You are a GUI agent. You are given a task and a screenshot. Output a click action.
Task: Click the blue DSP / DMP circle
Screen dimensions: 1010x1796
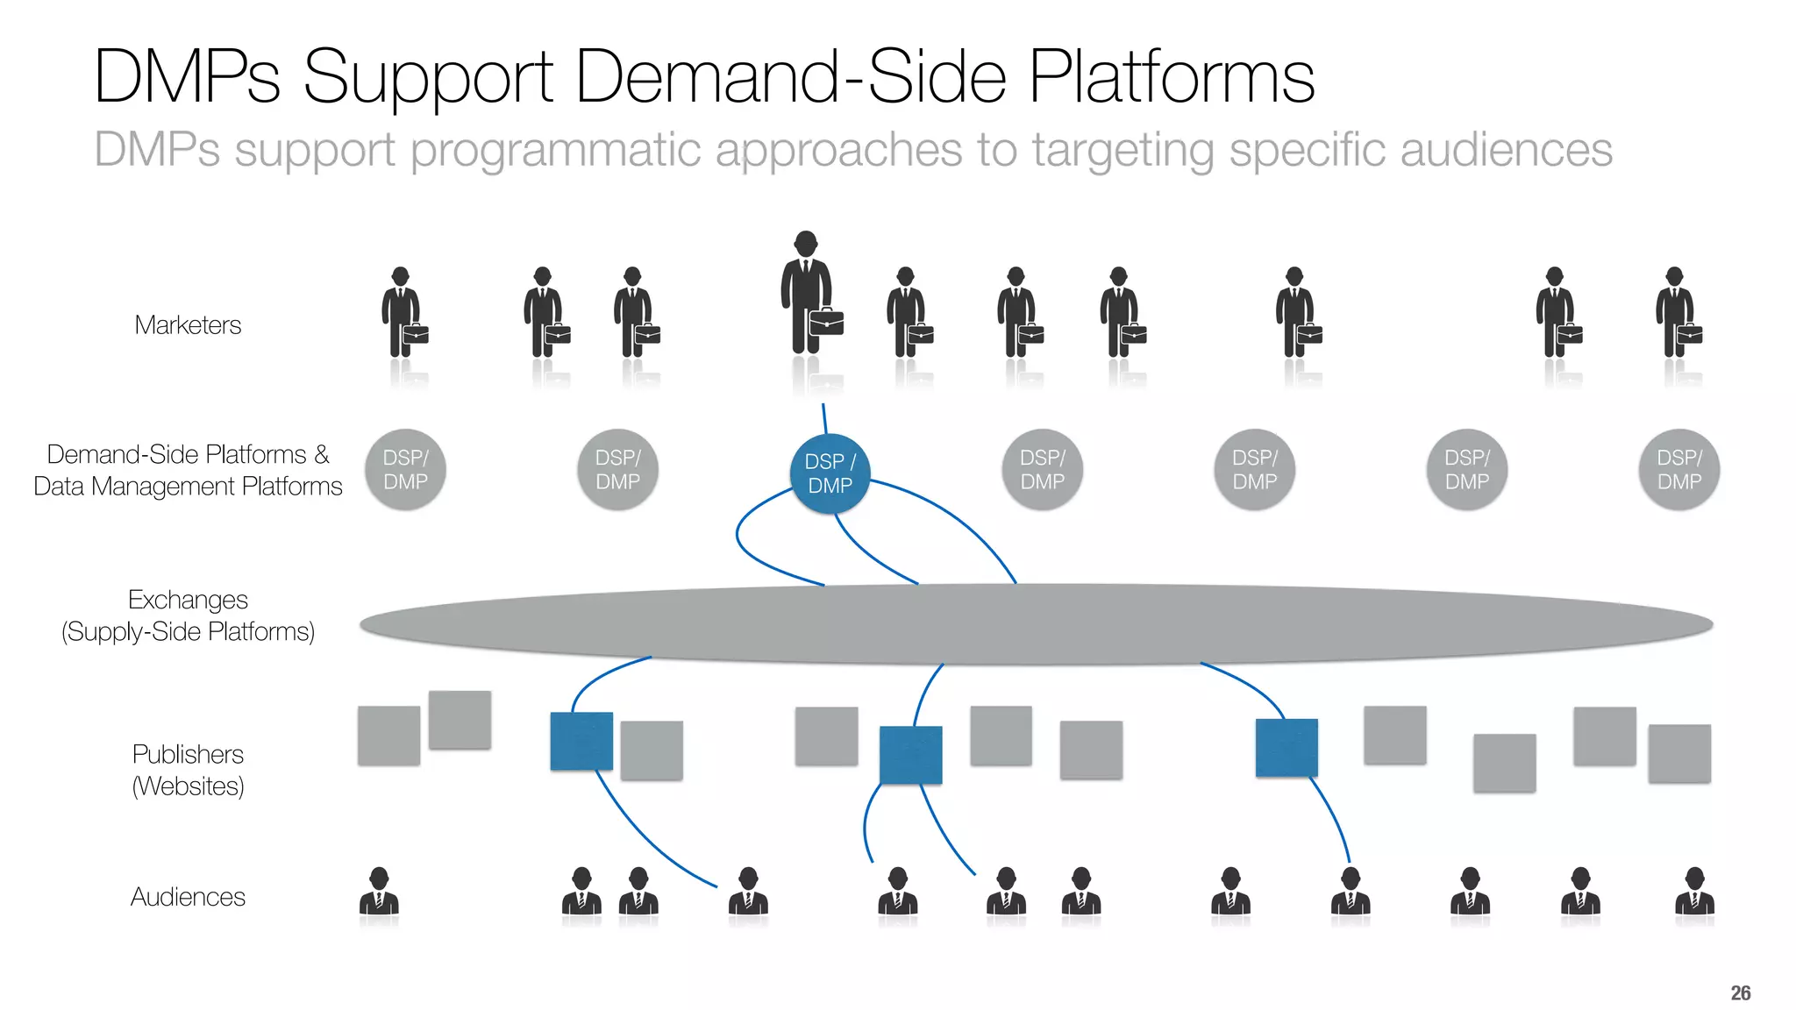tap(830, 473)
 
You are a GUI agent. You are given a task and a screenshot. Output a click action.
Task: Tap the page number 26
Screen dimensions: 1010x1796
tap(1740, 992)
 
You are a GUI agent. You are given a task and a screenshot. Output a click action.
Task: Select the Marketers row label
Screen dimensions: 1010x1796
tap(188, 325)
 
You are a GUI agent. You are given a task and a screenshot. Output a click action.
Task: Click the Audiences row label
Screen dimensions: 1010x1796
tap(188, 897)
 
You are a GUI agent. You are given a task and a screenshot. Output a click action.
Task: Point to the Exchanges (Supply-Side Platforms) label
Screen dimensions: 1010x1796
tap(188, 615)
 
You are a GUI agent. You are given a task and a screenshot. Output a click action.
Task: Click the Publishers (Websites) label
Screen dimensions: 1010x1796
tap(188, 770)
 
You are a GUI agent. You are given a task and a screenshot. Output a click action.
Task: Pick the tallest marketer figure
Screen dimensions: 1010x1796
tap(806, 294)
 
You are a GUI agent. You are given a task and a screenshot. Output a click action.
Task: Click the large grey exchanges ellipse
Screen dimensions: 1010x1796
tap(1035, 624)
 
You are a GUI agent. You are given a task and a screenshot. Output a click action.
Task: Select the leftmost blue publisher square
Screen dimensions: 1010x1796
tap(581, 741)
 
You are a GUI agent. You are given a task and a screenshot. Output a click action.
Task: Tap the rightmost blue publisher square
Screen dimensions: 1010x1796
tap(1286, 748)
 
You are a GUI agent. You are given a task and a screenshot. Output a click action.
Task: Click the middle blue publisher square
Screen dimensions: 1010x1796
tap(910, 755)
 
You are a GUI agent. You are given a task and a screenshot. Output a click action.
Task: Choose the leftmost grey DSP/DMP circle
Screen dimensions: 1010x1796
tap(405, 470)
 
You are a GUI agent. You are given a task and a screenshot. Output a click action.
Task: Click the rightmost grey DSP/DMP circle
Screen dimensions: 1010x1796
tap(1678, 470)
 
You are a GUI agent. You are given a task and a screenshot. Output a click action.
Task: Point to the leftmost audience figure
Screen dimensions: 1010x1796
tap(379, 893)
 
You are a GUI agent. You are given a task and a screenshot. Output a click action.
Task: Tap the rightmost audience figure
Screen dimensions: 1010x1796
tap(1694, 893)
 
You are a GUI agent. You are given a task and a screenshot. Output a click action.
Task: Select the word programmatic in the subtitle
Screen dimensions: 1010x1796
tap(554, 150)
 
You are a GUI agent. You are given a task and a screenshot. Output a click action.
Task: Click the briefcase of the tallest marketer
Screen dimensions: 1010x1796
tap(826, 322)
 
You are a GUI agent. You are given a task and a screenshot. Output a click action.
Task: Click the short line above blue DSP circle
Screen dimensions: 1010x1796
tap(824, 418)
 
